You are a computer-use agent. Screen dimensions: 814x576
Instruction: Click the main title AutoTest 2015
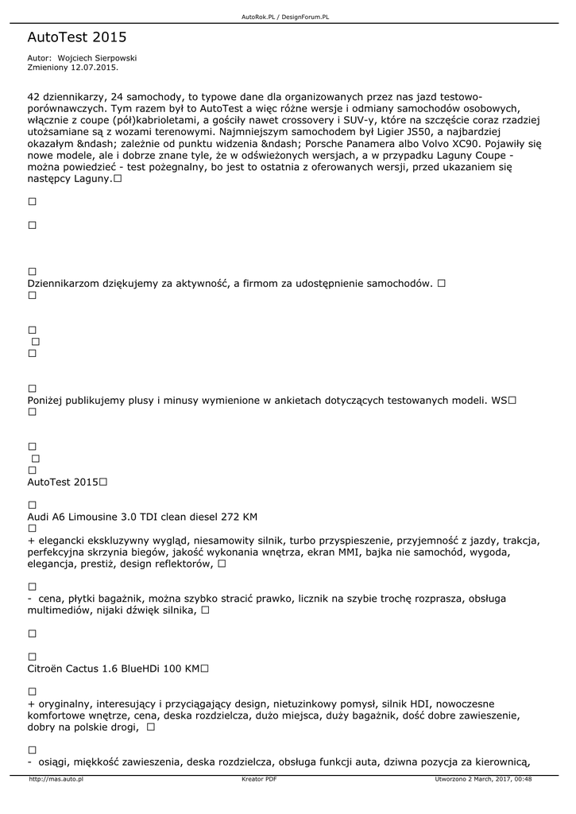[x=76, y=37]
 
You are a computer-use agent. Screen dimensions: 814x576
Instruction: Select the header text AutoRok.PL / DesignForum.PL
[x=285, y=17]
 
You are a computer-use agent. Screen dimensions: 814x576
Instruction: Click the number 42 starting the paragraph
[x=35, y=96]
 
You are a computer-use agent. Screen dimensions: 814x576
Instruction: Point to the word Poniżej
[x=47, y=401]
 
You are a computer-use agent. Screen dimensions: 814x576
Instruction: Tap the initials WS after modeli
[x=498, y=401]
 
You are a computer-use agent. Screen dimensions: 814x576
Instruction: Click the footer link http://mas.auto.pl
[x=56, y=779]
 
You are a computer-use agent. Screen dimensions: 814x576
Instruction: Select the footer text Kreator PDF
[x=259, y=779]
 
